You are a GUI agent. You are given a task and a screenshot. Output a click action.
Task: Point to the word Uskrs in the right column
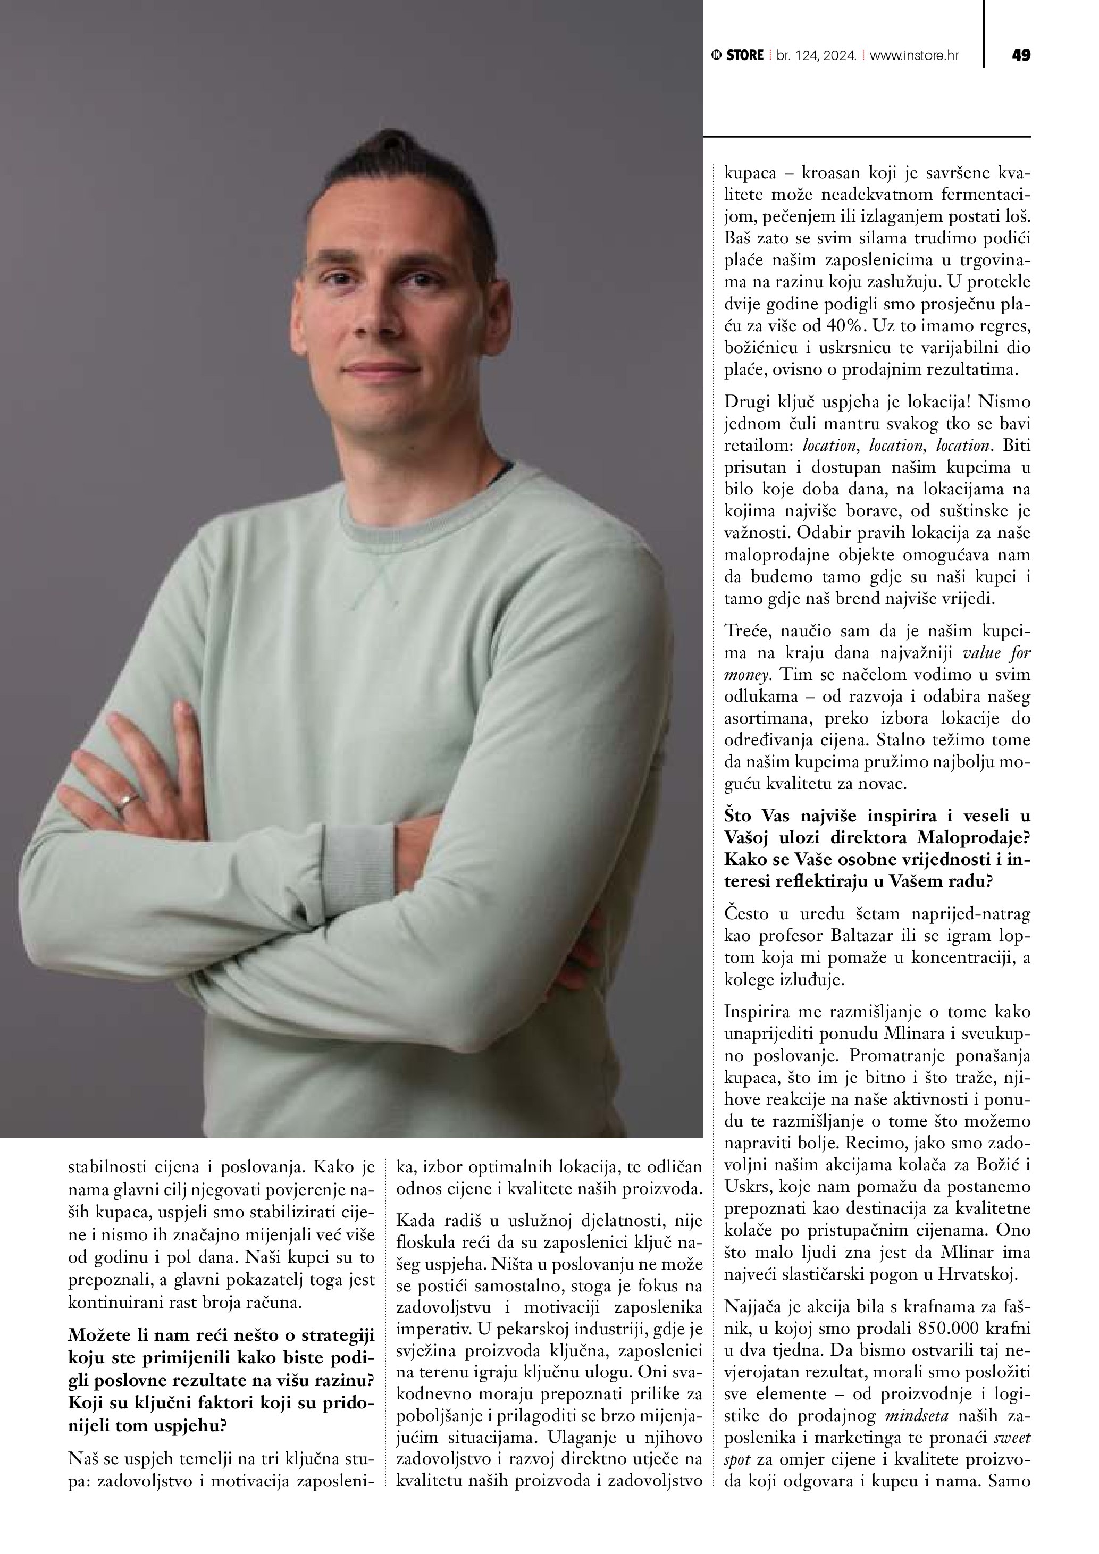[747, 1187]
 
